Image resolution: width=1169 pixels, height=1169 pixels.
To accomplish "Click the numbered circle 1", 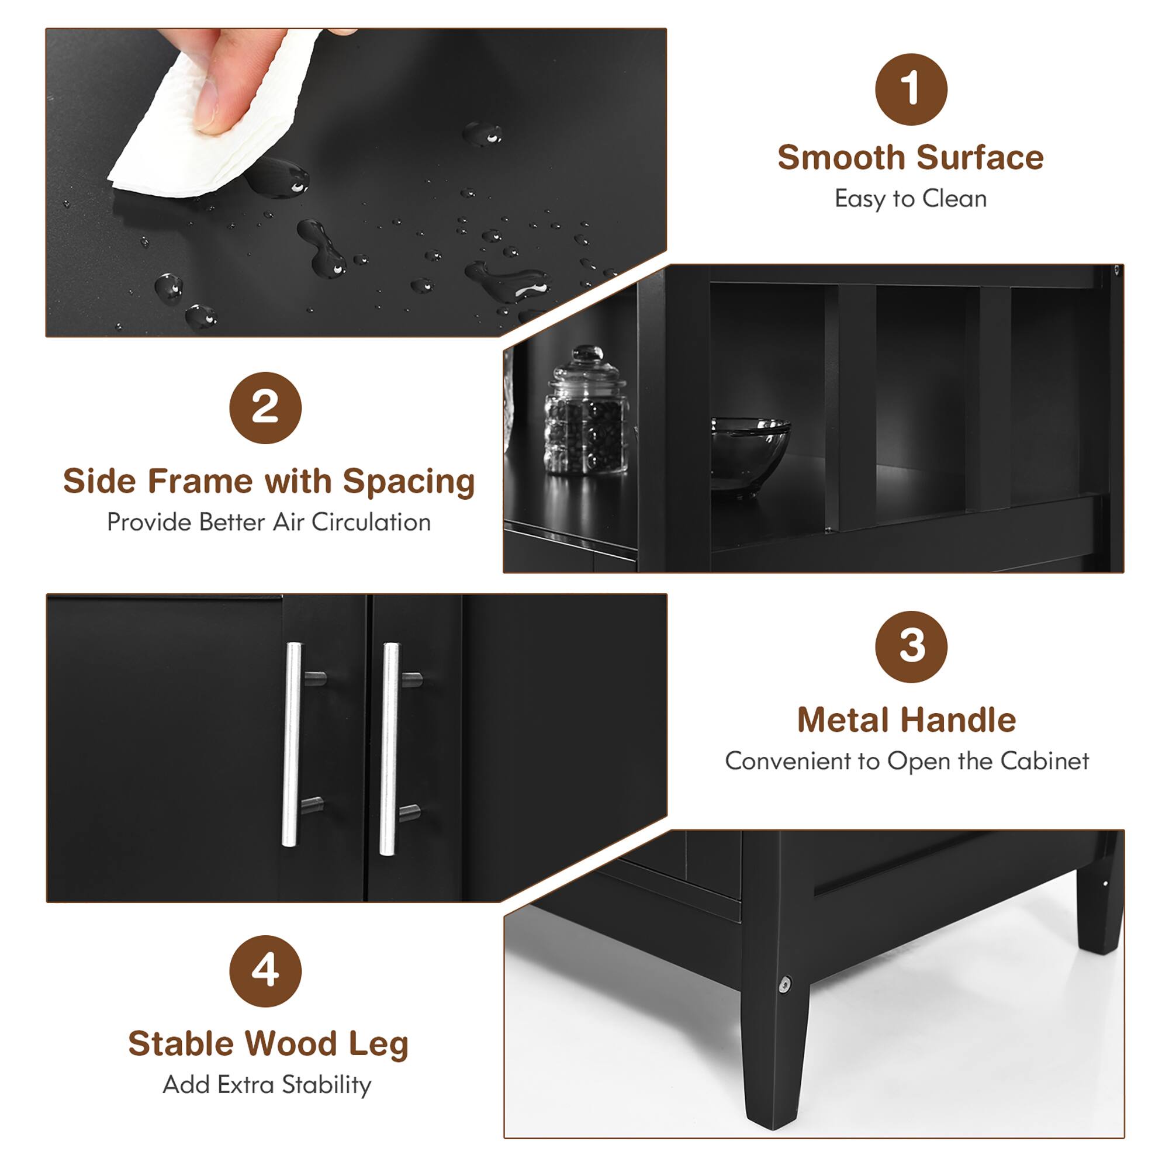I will click(911, 89).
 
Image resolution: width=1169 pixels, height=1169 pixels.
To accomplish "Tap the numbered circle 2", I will click(265, 407).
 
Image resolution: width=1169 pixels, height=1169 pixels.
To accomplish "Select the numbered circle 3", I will click(911, 646).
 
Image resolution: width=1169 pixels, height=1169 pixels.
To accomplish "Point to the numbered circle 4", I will click(265, 970).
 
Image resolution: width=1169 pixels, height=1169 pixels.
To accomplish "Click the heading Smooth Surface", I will click(911, 158).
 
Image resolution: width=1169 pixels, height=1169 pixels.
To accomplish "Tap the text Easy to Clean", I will click(911, 199).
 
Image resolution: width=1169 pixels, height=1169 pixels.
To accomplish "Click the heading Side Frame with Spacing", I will click(269, 482).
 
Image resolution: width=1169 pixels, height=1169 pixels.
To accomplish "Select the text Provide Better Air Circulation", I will click(269, 522).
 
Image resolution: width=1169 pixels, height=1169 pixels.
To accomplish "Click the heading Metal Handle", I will click(907, 720).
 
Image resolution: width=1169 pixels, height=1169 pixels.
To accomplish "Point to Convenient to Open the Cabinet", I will click(907, 761).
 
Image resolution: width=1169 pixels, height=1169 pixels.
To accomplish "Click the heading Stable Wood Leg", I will click(268, 1044).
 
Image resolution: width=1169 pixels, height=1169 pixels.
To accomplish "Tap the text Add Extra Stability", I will click(267, 1084).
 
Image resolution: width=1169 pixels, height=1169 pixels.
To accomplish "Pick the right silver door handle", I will click(390, 749).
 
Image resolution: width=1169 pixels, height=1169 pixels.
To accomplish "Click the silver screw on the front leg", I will click(785, 984).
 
